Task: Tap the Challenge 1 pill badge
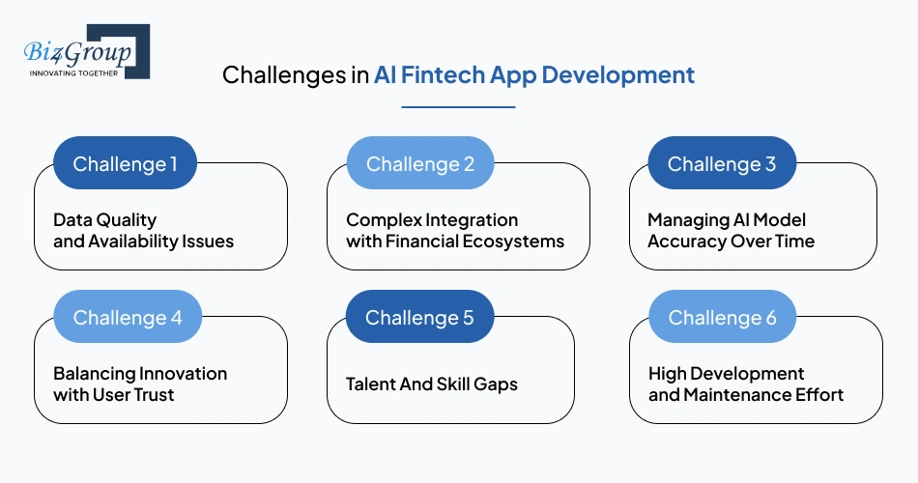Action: [125, 163]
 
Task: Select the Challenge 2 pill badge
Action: [420, 163]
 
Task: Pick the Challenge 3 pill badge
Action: [722, 163]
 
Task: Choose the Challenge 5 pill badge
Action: [419, 317]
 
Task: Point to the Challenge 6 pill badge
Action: [722, 317]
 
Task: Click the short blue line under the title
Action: [458, 106]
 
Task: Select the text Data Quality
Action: [104, 220]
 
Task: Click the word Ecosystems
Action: [517, 241]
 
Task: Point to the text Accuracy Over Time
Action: [731, 241]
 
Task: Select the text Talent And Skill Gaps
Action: [431, 384]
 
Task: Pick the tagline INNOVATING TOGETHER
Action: [73, 73]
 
